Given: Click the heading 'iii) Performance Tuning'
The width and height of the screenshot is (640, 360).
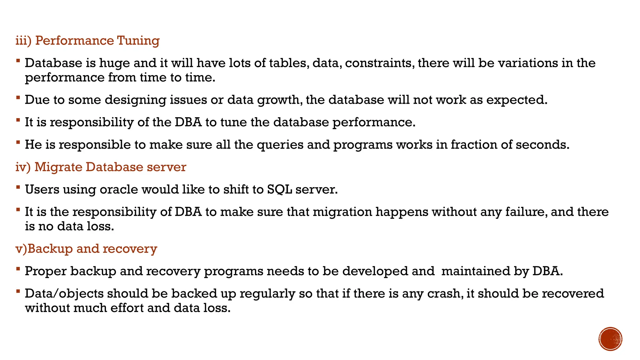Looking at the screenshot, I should point(87,41).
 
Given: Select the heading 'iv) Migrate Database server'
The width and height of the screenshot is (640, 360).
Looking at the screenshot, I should point(101,167).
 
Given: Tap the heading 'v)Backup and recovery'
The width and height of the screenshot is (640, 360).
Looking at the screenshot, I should point(86,249).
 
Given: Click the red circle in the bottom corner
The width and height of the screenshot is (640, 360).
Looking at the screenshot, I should point(610,339).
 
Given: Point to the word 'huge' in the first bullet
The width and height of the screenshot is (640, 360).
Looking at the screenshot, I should point(114,63).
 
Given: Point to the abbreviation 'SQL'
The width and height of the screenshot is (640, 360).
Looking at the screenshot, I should point(279,190).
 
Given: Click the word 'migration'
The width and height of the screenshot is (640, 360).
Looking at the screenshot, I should point(342,212).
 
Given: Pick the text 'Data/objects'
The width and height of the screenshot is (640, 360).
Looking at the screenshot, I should point(64,294).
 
